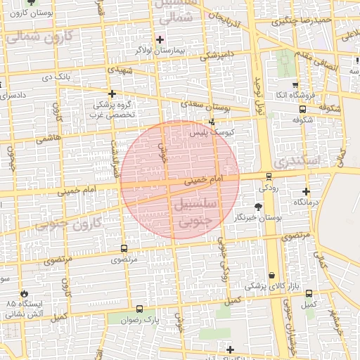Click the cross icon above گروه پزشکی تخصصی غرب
[111, 93]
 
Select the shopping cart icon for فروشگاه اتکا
[295, 84]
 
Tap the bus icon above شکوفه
[302, 109]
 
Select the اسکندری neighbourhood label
[297, 160]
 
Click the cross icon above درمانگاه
[306, 191]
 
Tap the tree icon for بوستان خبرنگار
[258, 207]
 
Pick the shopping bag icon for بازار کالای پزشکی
[271, 276]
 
